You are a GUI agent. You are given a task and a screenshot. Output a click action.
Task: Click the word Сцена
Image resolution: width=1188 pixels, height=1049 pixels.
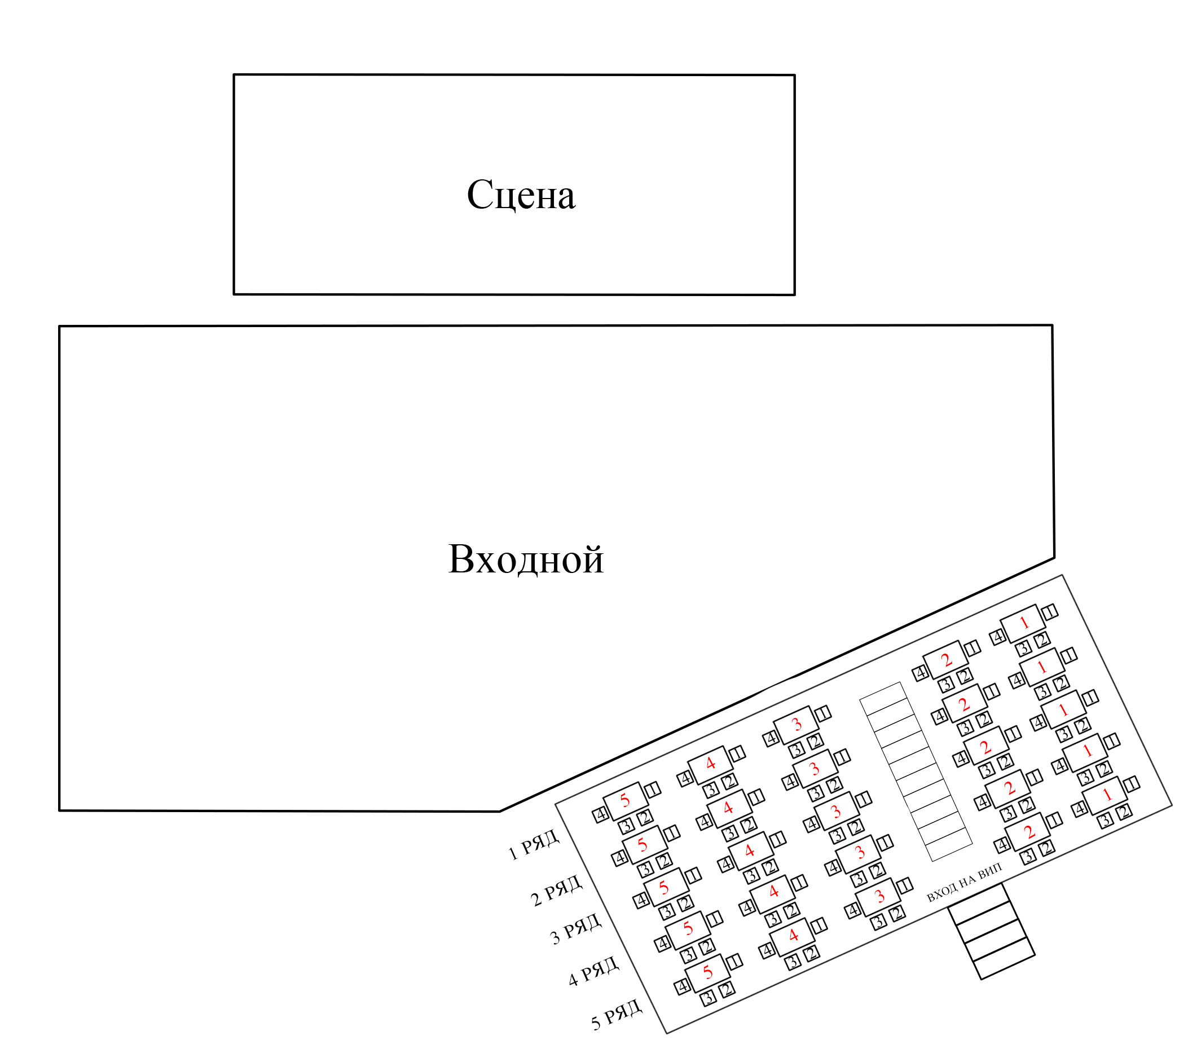tap(521, 195)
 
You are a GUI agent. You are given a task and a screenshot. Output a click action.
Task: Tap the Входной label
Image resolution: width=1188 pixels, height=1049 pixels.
tap(525, 559)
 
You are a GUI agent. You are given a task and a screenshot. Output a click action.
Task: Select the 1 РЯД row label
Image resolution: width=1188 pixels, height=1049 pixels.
tap(534, 844)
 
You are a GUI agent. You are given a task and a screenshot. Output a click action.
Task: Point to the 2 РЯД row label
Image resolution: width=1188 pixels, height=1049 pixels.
tap(556, 890)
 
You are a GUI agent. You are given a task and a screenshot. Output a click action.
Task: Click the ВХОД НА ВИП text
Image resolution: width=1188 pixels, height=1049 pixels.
tap(964, 883)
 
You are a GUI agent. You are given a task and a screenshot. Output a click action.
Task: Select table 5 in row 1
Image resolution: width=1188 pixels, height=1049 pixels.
tap(626, 801)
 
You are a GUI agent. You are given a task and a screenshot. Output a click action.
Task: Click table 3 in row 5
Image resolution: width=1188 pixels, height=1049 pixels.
tap(879, 897)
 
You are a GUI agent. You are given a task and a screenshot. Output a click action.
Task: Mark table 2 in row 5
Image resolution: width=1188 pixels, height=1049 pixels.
tap(1029, 832)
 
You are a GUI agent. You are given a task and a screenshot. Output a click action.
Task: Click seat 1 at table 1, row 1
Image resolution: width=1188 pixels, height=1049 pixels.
tap(1050, 612)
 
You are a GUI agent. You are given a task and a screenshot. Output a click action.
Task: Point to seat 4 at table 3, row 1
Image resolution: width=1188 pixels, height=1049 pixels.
tap(771, 739)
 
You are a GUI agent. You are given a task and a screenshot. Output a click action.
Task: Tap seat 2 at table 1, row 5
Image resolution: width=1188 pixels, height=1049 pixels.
tap(1124, 812)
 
